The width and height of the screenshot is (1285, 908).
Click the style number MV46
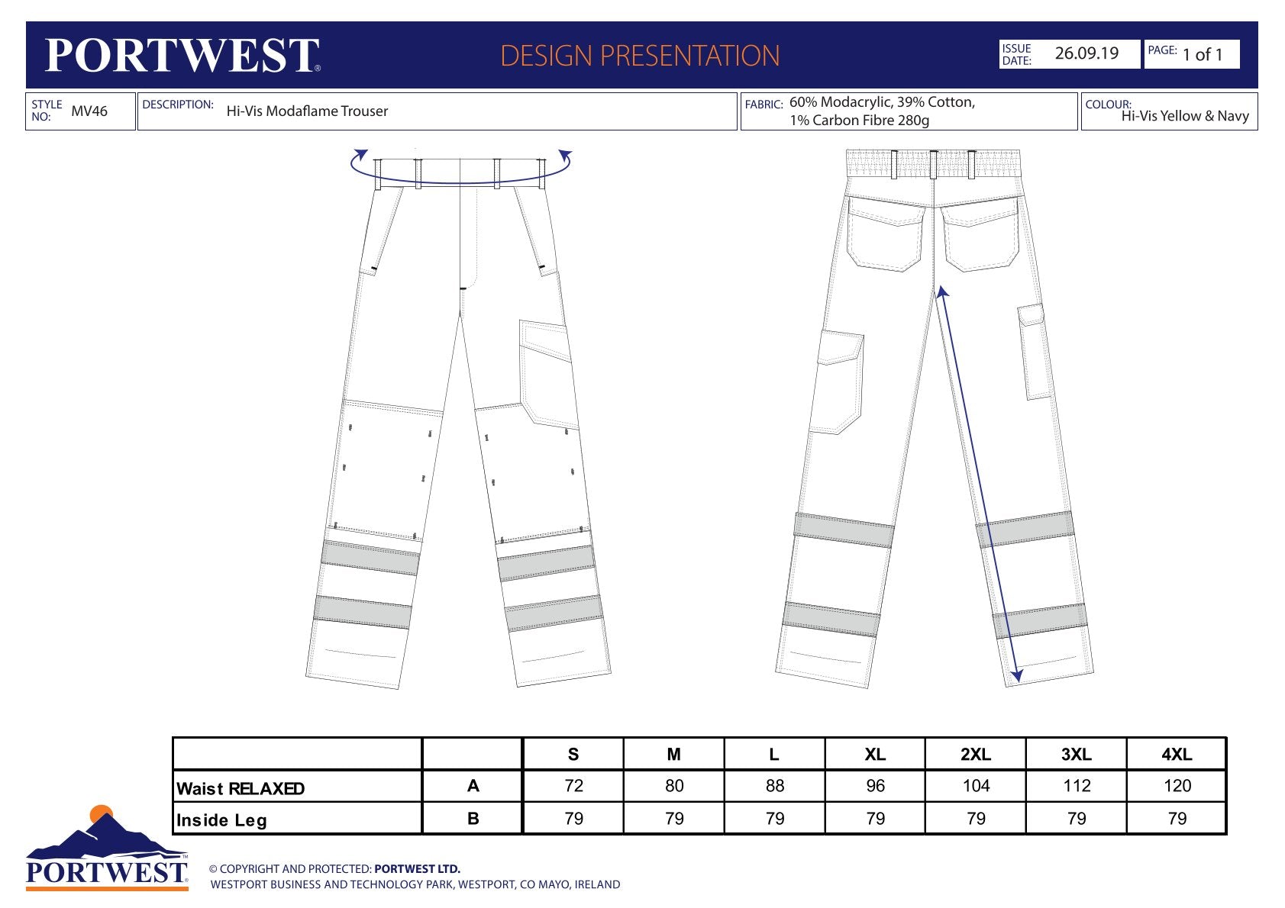(89, 111)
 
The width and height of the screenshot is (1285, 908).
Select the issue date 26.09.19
(1086, 53)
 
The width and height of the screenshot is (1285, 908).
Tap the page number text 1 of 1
(1203, 54)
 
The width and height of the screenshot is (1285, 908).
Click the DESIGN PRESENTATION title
(640, 56)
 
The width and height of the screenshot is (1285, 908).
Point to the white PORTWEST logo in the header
(182, 56)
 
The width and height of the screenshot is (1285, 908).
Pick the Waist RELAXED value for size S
(573, 785)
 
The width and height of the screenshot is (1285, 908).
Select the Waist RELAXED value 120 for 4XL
(1177, 785)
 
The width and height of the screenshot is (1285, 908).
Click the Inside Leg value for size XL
(876, 818)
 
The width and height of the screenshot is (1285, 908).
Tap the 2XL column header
(976, 754)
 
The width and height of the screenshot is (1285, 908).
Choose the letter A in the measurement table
(473, 785)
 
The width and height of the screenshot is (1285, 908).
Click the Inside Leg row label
(221, 820)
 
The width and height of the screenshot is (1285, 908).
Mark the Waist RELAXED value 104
(977, 785)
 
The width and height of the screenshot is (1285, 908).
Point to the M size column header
(674, 754)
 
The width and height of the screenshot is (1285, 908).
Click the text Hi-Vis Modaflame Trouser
(307, 111)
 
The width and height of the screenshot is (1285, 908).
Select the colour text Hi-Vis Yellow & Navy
(1185, 116)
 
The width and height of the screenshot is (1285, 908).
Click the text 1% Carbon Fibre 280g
(860, 121)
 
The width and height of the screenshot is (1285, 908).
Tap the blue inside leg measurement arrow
(979, 485)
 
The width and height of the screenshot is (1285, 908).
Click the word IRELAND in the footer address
(597, 884)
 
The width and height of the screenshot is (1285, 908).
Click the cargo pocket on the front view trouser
(547, 375)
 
